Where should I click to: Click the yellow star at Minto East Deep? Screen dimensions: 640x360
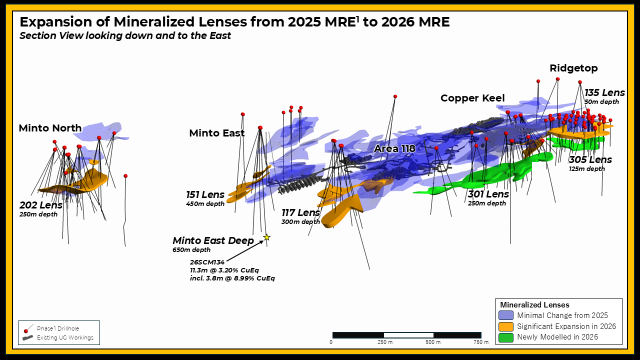tap(267, 237)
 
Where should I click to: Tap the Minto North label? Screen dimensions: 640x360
tap(50, 128)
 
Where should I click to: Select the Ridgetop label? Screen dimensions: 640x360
tap(573, 68)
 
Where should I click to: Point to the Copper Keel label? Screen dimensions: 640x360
tap(472, 98)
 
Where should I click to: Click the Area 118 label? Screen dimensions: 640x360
tap(394, 148)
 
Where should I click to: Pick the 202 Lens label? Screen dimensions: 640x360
tap(41, 205)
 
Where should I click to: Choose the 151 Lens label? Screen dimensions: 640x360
tap(205, 194)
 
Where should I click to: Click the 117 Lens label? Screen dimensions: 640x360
tap(300, 212)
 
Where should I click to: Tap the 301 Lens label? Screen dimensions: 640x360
tap(488, 194)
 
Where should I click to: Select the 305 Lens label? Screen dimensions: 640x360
tap(590, 159)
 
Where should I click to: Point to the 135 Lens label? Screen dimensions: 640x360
tap(604, 92)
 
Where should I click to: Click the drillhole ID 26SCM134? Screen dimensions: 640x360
tap(207, 262)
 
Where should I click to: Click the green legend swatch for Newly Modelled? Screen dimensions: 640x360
tap(505, 337)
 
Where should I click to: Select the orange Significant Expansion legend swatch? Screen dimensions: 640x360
tap(505, 326)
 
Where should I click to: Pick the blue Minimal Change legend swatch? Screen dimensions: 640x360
tap(505, 315)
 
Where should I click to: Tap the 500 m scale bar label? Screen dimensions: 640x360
tap(433, 342)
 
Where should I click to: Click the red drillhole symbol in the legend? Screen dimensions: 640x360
tap(26, 331)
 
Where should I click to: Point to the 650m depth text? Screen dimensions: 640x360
tap(191, 250)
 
